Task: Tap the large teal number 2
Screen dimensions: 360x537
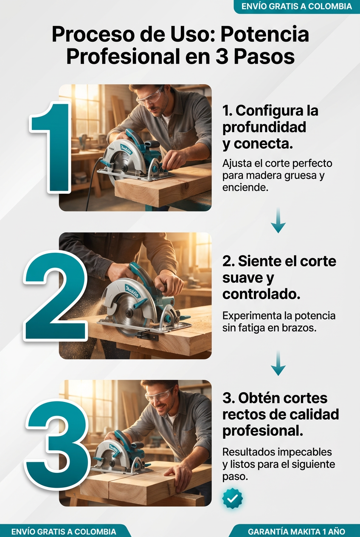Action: (x=55, y=296)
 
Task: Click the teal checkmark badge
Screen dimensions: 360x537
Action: (x=232, y=499)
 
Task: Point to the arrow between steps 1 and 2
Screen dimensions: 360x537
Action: (x=278, y=220)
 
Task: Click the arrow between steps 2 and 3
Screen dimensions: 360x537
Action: (x=278, y=363)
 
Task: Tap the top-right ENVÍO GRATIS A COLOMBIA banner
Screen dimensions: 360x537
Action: (x=297, y=6)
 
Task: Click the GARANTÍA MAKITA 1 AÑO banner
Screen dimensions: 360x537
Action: (x=296, y=531)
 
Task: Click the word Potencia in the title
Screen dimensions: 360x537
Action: (x=264, y=35)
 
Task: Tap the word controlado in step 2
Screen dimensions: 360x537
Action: (x=261, y=294)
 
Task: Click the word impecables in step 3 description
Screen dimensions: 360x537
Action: (x=305, y=452)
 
